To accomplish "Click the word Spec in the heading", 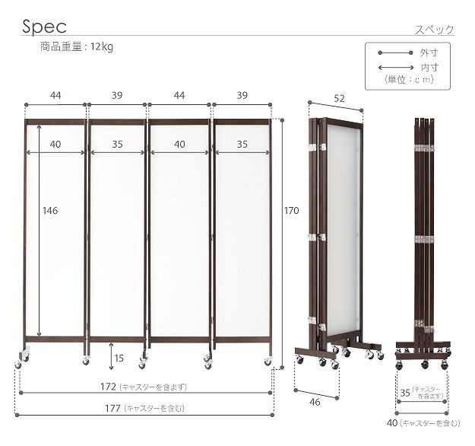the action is tap(44, 27).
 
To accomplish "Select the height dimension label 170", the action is tap(291, 211).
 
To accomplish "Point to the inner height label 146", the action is tap(50, 211).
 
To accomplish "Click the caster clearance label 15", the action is tap(119, 358).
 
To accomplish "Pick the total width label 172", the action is tap(108, 387).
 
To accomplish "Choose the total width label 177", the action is tap(112, 409).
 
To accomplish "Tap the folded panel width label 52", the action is tap(339, 99).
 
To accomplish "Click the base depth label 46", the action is tap(315, 402).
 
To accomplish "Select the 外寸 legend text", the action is tap(429, 53).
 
